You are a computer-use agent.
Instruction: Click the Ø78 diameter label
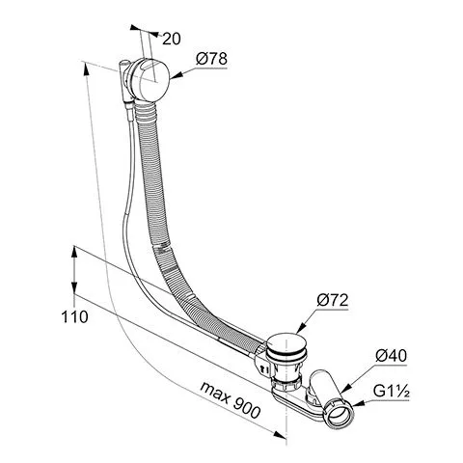click(x=211, y=59)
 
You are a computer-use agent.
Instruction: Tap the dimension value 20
click(x=172, y=39)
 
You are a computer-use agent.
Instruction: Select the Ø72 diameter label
click(x=333, y=300)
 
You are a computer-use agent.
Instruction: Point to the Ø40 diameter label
click(x=391, y=356)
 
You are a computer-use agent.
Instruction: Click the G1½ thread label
click(x=392, y=392)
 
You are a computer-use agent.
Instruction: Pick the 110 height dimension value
click(x=74, y=316)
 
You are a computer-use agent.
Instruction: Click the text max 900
click(x=230, y=400)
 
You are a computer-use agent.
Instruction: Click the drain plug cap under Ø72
click(x=287, y=345)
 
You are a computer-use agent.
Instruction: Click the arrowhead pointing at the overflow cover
click(x=176, y=76)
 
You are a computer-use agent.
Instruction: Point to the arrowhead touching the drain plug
click(x=300, y=327)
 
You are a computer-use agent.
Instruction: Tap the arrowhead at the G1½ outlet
click(x=359, y=403)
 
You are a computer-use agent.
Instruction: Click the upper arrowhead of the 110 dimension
click(x=74, y=253)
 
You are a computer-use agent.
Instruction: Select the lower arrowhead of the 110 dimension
click(x=74, y=287)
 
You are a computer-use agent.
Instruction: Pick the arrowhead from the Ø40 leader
click(x=346, y=388)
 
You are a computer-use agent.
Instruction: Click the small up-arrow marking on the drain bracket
click(x=262, y=368)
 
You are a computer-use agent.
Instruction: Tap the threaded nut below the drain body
click(x=286, y=383)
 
